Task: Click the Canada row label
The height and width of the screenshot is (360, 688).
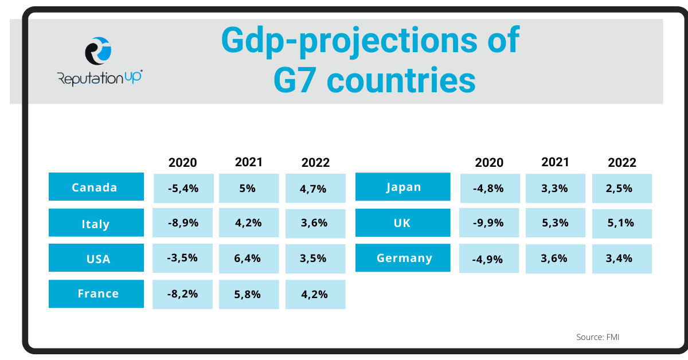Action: click(x=96, y=187)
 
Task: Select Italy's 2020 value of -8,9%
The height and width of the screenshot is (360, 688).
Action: click(x=182, y=223)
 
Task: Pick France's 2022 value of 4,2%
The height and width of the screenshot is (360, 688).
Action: click(x=315, y=294)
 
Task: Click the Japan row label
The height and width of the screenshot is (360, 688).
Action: click(x=402, y=187)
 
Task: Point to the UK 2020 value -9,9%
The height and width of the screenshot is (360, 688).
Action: click(x=489, y=223)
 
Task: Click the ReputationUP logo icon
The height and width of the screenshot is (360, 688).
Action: click(x=98, y=51)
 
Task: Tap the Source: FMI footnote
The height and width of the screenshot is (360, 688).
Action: click(x=597, y=337)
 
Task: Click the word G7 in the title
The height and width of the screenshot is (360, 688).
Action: click(x=295, y=81)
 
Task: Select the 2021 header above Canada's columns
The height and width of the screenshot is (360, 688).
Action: click(x=249, y=162)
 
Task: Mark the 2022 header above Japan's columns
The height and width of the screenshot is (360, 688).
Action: click(x=622, y=162)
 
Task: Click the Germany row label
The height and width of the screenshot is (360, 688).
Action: click(x=402, y=258)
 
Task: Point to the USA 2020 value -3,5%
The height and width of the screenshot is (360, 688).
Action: click(x=182, y=258)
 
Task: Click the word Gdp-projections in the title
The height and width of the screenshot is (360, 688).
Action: click(x=339, y=40)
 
